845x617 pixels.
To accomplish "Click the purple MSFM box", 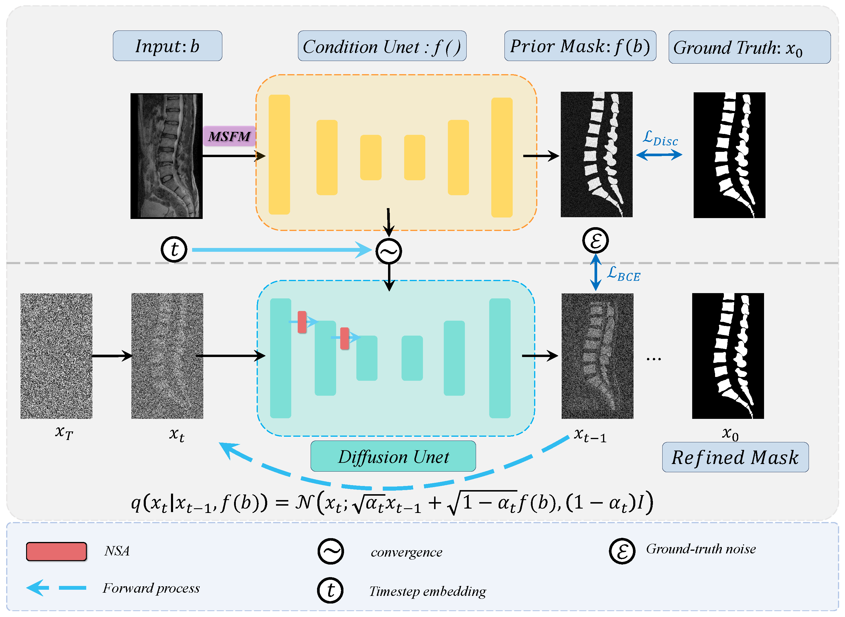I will click(x=229, y=136).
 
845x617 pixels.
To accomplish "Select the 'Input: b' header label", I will click(x=167, y=46).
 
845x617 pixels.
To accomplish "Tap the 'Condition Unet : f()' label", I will click(x=382, y=46).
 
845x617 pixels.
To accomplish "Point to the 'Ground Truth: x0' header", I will click(x=749, y=47).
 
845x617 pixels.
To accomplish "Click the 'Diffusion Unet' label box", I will click(x=393, y=456).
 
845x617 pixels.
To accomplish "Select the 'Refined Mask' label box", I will click(x=735, y=458).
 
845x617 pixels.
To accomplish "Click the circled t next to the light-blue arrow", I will click(x=174, y=249).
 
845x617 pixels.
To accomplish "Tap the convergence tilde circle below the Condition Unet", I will click(x=389, y=251).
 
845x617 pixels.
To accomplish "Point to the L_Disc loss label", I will click(x=660, y=139).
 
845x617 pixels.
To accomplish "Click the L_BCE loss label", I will click(x=623, y=275).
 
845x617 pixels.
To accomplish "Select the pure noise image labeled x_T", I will click(x=56, y=356).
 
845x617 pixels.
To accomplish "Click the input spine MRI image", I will click(x=166, y=156).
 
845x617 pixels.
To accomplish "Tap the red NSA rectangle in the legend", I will click(x=56, y=552).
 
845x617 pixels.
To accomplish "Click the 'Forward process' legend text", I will click(x=151, y=588).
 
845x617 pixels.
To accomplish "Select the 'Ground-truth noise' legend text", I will click(x=701, y=549).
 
